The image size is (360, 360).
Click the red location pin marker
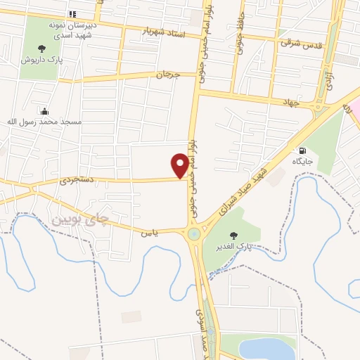(180, 165)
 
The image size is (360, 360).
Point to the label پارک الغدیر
(235, 247)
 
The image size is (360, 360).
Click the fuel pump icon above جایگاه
(303, 150)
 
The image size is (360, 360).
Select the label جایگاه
(303, 162)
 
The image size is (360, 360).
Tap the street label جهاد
(291, 103)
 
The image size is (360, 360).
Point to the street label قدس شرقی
(295, 42)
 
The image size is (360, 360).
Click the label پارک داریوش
(41, 60)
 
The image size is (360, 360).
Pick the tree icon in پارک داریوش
(41, 49)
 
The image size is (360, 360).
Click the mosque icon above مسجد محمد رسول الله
(45, 111)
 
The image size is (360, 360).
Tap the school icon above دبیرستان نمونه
(72, 14)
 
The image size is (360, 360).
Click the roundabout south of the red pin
(192, 234)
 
